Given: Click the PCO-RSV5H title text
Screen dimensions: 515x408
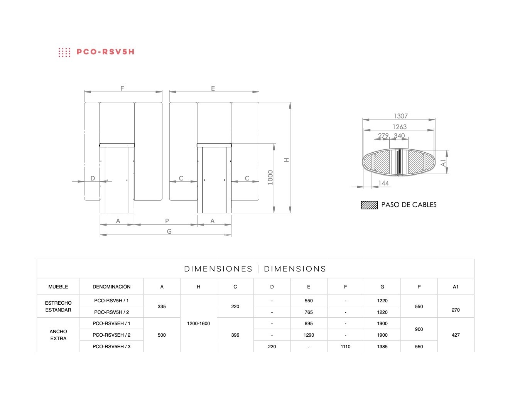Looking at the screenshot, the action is point(106,52).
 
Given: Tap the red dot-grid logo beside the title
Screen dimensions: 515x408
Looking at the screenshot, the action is point(64,52).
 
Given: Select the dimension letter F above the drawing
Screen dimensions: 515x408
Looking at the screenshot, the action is point(122,88).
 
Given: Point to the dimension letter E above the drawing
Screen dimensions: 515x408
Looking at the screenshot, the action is point(213,88).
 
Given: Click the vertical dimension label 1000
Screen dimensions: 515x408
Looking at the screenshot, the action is point(270,177).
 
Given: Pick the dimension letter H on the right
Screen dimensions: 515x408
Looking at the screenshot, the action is point(287,160).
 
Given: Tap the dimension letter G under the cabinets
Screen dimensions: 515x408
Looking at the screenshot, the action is point(169,231).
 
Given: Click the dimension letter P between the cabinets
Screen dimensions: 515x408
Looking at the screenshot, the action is point(167,221).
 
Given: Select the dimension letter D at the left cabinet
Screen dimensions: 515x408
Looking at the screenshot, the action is point(93,178).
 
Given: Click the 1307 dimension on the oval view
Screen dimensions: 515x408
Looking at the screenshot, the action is point(400,116).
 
